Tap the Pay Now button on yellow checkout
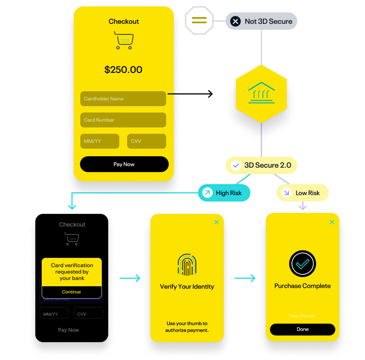[x=124, y=164]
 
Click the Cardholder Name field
[x=123, y=98]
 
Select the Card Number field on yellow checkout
[x=123, y=120]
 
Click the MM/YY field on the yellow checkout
[x=100, y=141]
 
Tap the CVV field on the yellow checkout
[x=146, y=141]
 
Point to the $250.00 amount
[x=123, y=70]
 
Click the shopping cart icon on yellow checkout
[x=124, y=41]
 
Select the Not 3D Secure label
[x=261, y=21]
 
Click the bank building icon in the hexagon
[x=261, y=93]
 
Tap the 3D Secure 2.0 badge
[x=261, y=165]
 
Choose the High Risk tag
[x=224, y=193]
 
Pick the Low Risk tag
[x=303, y=193]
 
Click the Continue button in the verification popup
[x=72, y=292]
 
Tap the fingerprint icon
[x=187, y=265]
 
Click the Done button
[x=303, y=329]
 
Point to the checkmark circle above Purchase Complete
[x=303, y=263]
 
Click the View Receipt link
[x=303, y=316]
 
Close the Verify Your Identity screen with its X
[x=216, y=222]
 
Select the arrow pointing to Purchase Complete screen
[x=245, y=278]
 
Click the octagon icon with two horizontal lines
[x=199, y=21]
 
